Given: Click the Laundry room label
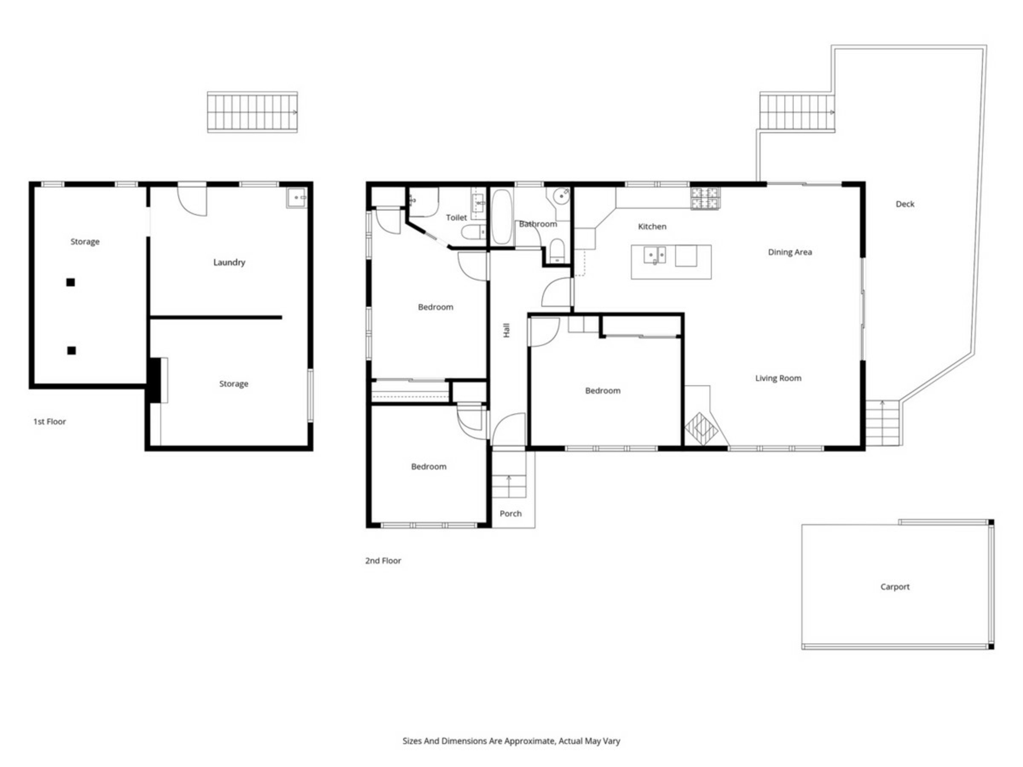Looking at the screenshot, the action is coord(229,262).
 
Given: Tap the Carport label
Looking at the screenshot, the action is coord(895,586).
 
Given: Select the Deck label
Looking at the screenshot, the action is coord(905,204).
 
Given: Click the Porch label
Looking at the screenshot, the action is coord(510,513).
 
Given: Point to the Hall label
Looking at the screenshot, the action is coord(506,330).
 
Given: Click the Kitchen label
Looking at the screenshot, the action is coord(652,226).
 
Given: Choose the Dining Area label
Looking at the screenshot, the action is coord(790,252).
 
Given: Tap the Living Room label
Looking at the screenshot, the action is coord(778,378).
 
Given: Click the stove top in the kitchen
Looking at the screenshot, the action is coord(705,198).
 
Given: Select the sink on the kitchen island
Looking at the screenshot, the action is coord(655,255).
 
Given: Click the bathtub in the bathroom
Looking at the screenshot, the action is coord(501,217).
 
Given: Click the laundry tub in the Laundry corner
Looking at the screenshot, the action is coord(296,198).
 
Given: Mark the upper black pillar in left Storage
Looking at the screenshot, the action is coord(70,282).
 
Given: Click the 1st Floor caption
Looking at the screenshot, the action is coord(50,421).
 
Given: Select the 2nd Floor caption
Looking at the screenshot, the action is coord(383,560).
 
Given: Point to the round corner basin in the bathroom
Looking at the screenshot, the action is coord(561,197).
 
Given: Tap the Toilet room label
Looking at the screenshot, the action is coord(456,217).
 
